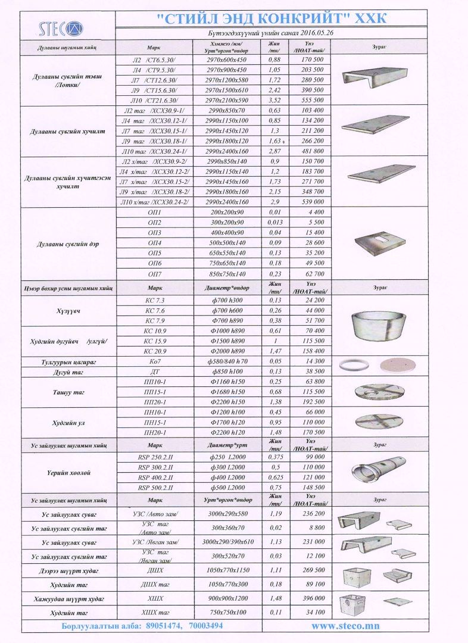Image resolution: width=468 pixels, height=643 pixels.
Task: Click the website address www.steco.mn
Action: pos(345,626)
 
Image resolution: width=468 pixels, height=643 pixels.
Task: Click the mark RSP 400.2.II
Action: pos(154,477)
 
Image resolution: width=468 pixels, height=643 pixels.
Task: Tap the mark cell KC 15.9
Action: pos(154,341)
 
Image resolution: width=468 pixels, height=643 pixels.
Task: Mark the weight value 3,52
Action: pos(274,100)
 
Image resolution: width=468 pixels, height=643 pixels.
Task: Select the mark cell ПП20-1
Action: pos(154,402)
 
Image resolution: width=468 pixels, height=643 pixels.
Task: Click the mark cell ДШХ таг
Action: pos(154,584)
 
